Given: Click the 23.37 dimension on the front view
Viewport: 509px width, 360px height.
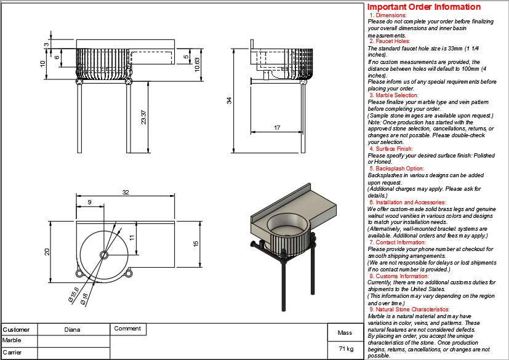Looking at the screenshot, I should click(143, 117).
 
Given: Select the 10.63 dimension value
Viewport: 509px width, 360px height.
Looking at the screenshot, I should click(197, 64).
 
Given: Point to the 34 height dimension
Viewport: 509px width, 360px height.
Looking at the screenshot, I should click(229, 100).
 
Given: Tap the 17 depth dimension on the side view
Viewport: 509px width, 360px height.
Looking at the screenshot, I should click(277, 128).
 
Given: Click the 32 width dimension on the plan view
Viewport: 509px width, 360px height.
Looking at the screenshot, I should click(126, 193).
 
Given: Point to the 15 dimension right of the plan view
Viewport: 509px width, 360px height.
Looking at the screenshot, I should click(196, 244).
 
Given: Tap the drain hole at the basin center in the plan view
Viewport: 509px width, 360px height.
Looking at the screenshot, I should click(103, 254).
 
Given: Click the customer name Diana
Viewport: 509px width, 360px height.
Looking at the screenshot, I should click(73, 329).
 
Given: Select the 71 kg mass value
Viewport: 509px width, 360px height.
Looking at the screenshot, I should click(345, 348).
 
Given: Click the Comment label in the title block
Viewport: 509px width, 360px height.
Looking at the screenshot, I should click(127, 329).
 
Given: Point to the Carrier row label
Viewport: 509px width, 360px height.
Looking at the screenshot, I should click(12, 353).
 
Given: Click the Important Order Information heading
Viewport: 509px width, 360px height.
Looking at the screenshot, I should click(424, 7).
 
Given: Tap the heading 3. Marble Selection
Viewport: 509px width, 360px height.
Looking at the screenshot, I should click(394, 95).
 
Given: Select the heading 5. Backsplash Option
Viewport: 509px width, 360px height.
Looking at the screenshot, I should click(396, 168).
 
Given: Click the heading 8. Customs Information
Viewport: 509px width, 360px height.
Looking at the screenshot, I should click(399, 276).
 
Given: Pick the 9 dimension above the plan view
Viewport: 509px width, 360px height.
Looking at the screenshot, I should click(90, 202).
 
